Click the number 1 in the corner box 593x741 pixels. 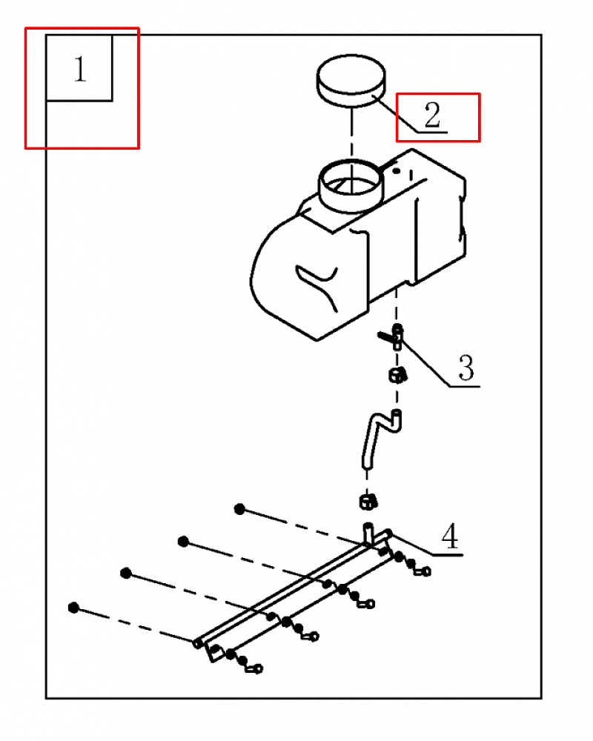coord(80,69)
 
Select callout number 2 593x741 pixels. coord(432,115)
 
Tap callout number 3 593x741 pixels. coord(466,368)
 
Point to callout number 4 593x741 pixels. coord(450,536)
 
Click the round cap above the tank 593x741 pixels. coord(351,80)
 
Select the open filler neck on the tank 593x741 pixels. coord(351,185)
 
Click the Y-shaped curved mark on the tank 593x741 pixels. coord(317,285)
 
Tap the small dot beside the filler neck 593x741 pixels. coord(397,171)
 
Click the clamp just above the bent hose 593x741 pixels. coord(398,376)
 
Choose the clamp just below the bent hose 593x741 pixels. coord(368,502)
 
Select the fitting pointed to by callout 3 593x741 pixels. coord(394,336)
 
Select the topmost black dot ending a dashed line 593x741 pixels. coord(239,509)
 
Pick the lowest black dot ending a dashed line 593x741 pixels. coord(73,608)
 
